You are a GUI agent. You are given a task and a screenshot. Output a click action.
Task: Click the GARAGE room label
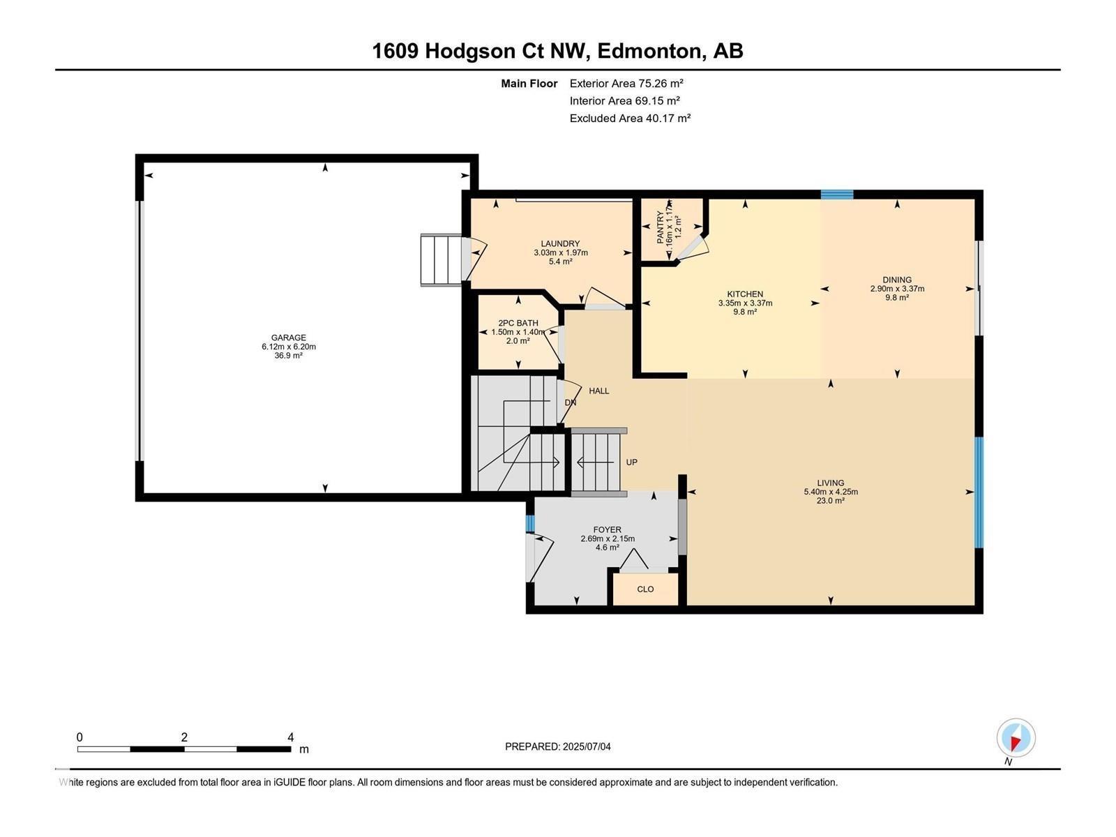[289, 338]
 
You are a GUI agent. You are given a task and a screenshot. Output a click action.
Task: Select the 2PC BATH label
[518, 323]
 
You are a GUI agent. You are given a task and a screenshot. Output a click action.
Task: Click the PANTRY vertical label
[661, 226]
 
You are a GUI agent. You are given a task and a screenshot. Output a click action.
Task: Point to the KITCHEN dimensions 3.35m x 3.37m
[745, 303]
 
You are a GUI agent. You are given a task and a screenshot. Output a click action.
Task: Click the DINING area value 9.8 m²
[897, 298]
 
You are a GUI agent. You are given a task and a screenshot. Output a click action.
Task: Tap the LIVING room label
[830, 483]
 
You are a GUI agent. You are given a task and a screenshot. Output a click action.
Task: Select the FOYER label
[607, 529]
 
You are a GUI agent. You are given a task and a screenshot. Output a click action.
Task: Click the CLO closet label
[645, 589]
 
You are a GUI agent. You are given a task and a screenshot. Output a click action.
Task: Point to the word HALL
[598, 391]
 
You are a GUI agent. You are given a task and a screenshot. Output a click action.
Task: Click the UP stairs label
[631, 462]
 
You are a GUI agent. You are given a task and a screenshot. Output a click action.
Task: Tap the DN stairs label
[570, 402]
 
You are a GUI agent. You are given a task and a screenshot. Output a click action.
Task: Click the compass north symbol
[1016, 738]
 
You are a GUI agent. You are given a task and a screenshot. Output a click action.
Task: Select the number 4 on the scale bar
[290, 737]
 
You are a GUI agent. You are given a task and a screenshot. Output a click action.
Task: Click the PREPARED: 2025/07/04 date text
[557, 746]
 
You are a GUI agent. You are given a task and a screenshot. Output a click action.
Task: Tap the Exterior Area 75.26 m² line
[626, 83]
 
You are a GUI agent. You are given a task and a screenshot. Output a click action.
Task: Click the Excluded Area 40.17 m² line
[629, 118]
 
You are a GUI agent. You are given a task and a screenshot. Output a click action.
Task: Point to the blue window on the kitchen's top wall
[836, 195]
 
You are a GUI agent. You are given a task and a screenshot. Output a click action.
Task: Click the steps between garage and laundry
[441, 260]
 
